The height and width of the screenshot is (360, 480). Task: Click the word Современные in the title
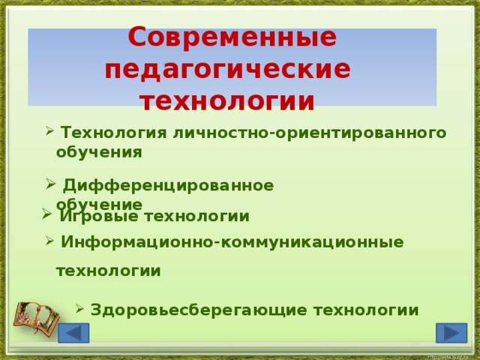[232, 37]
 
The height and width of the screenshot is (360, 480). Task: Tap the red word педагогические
[228, 70]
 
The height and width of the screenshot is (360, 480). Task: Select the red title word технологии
[228, 101]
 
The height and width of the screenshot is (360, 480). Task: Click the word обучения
[99, 152]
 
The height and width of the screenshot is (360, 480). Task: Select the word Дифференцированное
[167, 185]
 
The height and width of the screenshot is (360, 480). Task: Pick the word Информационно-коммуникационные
[232, 242]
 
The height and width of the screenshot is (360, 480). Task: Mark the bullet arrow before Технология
[49, 132]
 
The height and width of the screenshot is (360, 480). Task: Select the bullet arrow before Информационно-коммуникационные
[49, 241]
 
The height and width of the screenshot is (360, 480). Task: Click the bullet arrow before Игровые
[46, 215]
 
